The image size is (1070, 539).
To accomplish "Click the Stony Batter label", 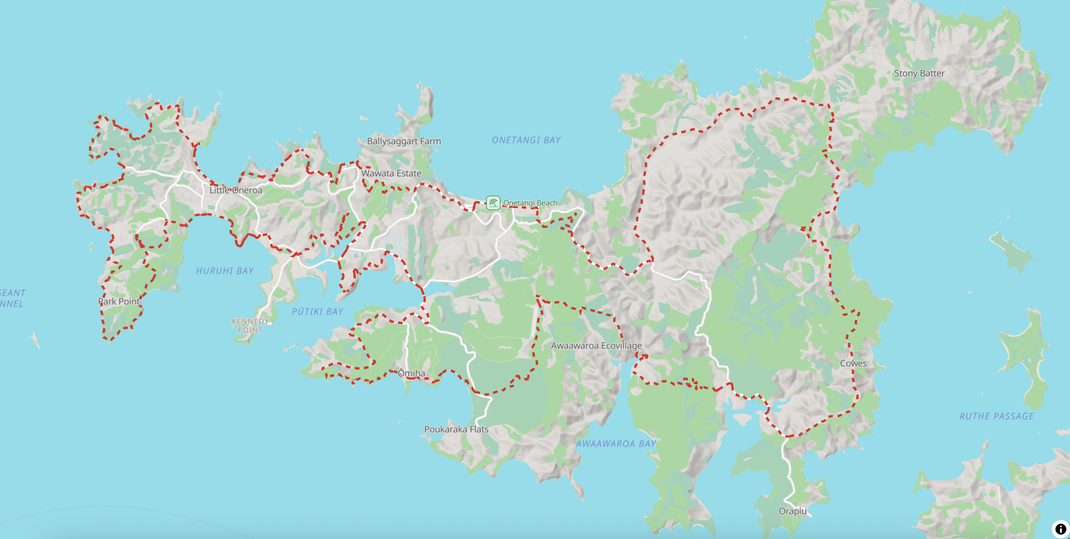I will pyautogui.click(x=919, y=73).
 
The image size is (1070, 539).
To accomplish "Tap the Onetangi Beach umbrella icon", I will pyautogui.click(x=493, y=203).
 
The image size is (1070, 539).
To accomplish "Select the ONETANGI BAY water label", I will pyautogui.click(x=526, y=140).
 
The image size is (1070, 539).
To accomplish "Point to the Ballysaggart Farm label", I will pyautogui.click(x=404, y=141).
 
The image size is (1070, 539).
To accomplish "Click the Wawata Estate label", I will pyautogui.click(x=391, y=173).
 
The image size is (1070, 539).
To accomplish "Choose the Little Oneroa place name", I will pyautogui.click(x=236, y=190).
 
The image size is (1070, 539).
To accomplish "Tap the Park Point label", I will pyautogui.click(x=119, y=302).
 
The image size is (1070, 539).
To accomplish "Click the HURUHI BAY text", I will pyautogui.click(x=225, y=271).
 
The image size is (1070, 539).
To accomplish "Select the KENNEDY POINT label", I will pyautogui.click(x=250, y=326).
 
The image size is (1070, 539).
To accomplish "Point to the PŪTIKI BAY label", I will pyautogui.click(x=318, y=312).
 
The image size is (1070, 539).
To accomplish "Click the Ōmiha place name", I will pyautogui.click(x=411, y=373).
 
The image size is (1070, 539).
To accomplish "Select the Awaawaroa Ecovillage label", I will pyautogui.click(x=596, y=346).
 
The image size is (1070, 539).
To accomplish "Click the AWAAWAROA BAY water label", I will pyautogui.click(x=616, y=444).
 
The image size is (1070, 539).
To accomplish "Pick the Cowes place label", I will pyautogui.click(x=853, y=363).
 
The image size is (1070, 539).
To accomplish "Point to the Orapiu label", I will pyautogui.click(x=792, y=511).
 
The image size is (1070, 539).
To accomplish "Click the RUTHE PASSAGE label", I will pyautogui.click(x=996, y=416).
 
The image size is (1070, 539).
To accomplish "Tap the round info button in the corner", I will pyautogui.click(x=1060, y=529).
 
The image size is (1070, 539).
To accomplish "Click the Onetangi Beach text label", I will pyautogui.click(x=530, y=203).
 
